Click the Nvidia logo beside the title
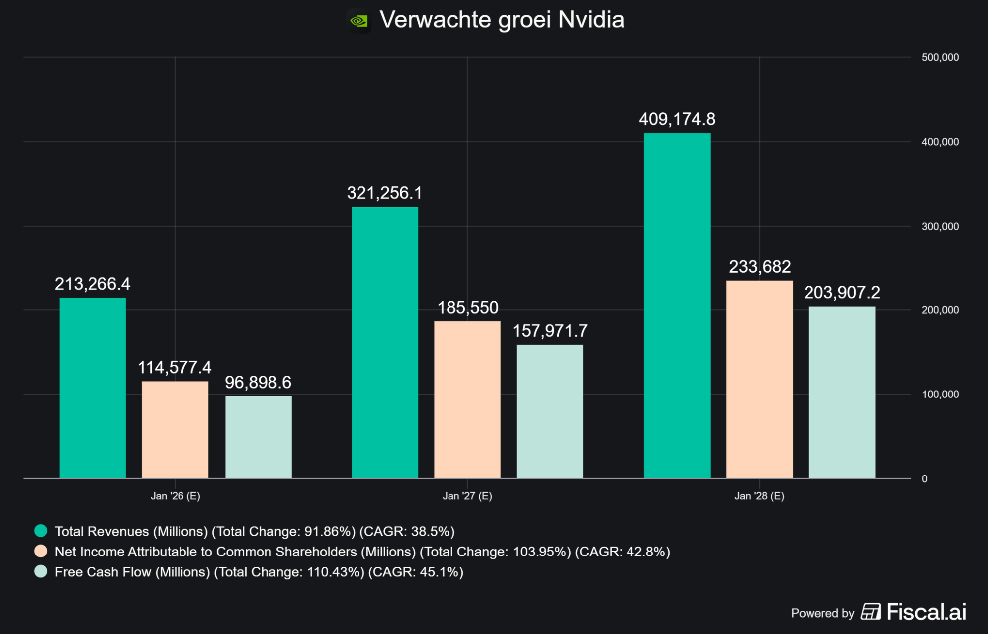(x=359, y=21)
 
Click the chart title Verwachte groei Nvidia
(x=501, y=20)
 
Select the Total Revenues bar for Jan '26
(x=92, y=388)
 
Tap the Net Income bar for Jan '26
(x=175, y=429)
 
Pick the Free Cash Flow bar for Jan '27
(x=549, y=411)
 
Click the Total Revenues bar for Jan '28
(x=677, y=306)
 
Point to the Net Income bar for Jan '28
(x=759, y=379)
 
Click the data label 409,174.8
(x=677, y=119)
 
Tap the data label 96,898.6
(x=258, y=382)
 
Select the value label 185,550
(x=467, y=308)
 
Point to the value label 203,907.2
(x=842, y=292)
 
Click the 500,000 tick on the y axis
(x=940, y=57)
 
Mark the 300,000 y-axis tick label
(x=940, y=226)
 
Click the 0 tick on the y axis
(x=924, y=479)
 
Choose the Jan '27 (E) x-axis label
(x=467, y=496)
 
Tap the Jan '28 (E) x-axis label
(x=759, y=496)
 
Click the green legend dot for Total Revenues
(x=41, y=531)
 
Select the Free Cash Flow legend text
(x=259, y=572)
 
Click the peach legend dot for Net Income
(x=41, y=551)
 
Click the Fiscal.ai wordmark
(x=926, y=612)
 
